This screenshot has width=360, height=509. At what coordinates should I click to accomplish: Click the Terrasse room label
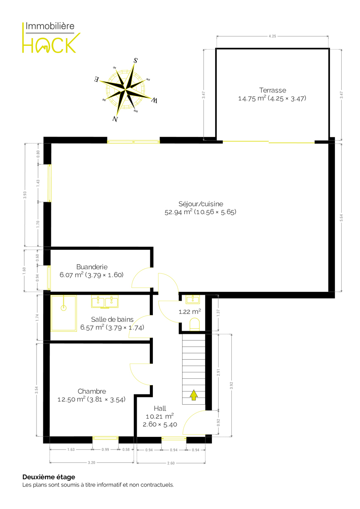pyautogui.click(x=273, y=90)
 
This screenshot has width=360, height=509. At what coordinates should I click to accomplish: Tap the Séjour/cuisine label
pyautogui.click(x=200, y=204)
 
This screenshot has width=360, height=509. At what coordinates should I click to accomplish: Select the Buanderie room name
pyautogui.click(x=92, y=267)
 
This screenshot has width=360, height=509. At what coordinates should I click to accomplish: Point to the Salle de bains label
pyautogui.click(x=112, y=319)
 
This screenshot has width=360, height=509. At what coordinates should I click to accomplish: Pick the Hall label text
pyautogui.click(x=160, y=408)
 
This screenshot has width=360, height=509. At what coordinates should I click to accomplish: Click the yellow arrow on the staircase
pyautogui.click(x=194, y=395)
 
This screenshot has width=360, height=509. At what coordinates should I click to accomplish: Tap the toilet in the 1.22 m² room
pyautogui.click(x=194, y=324)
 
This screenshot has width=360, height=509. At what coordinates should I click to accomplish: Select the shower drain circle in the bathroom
pyautogui.click(x=63, y=308)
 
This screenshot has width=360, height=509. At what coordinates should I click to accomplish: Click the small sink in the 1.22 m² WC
pyautogui.click(x=193, y=299)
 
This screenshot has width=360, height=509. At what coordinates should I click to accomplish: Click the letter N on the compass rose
pyautogui.click(x=115, y=119)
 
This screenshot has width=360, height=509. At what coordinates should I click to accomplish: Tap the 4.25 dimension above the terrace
pyautogui.click(x=272, y=36)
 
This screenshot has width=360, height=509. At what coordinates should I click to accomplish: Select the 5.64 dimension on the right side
pyautogui.click(x=341, y=218)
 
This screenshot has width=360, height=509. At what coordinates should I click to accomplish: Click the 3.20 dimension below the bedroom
pyautogui.click(x=91, y=462)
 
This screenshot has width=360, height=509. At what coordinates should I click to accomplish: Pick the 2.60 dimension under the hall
pyautogui.click(x=171, y=463)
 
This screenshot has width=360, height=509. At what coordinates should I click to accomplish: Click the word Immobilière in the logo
pyautogui.click(x=50, y=26)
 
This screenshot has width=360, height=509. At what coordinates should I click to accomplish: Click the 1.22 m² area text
pyautogui.click(x=190, y=311)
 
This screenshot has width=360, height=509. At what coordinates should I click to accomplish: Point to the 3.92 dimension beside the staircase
pyautogui.click(x=231, y=386)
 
